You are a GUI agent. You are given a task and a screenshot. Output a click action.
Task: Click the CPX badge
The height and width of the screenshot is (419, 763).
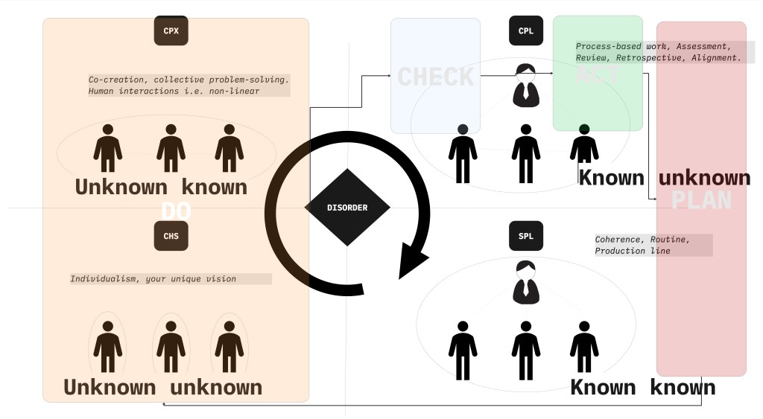coord(171,31)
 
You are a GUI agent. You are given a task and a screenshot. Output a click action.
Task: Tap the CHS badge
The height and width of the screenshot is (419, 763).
coord(171,237)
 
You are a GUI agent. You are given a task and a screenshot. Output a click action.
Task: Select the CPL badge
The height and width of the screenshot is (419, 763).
coord(526,31)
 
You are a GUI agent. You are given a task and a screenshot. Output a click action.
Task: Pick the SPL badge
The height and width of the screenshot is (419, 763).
coord(526,237)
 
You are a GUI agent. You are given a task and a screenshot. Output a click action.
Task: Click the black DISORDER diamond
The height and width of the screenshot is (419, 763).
coord(347,208)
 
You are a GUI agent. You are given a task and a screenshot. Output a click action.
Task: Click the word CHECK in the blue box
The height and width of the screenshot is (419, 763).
coord(436,76)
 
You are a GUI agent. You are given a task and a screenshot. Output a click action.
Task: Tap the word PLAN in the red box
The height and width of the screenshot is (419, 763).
coord(701,200)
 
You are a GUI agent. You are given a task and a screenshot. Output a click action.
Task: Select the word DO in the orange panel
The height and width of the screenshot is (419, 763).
coord(176,211)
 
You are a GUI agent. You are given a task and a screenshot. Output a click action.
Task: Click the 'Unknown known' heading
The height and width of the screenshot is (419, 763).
coord(161,187)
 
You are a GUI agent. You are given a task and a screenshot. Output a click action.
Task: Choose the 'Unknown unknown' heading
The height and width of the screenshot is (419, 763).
coord(162,388)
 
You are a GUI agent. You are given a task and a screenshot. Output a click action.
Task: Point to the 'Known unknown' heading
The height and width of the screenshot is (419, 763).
coord(665,178)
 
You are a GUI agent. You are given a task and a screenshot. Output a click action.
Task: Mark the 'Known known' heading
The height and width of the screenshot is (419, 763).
coord(642,388)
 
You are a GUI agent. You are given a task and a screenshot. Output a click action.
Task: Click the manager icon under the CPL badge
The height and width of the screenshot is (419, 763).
coord(526,83)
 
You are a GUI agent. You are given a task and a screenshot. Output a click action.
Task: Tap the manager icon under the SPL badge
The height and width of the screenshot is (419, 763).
coord(526,282)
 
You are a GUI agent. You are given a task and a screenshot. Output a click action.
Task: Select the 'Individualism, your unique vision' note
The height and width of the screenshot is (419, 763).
coord(171,279)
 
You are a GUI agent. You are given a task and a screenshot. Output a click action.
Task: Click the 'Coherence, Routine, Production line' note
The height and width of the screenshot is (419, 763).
coord(653,246)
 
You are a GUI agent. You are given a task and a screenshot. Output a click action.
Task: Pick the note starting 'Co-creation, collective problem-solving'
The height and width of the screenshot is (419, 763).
coord(189,85)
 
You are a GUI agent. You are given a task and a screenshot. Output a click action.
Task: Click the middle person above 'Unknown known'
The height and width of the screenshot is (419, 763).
coord(171,148)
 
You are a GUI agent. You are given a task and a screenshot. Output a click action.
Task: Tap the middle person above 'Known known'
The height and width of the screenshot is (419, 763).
coord(526,350)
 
